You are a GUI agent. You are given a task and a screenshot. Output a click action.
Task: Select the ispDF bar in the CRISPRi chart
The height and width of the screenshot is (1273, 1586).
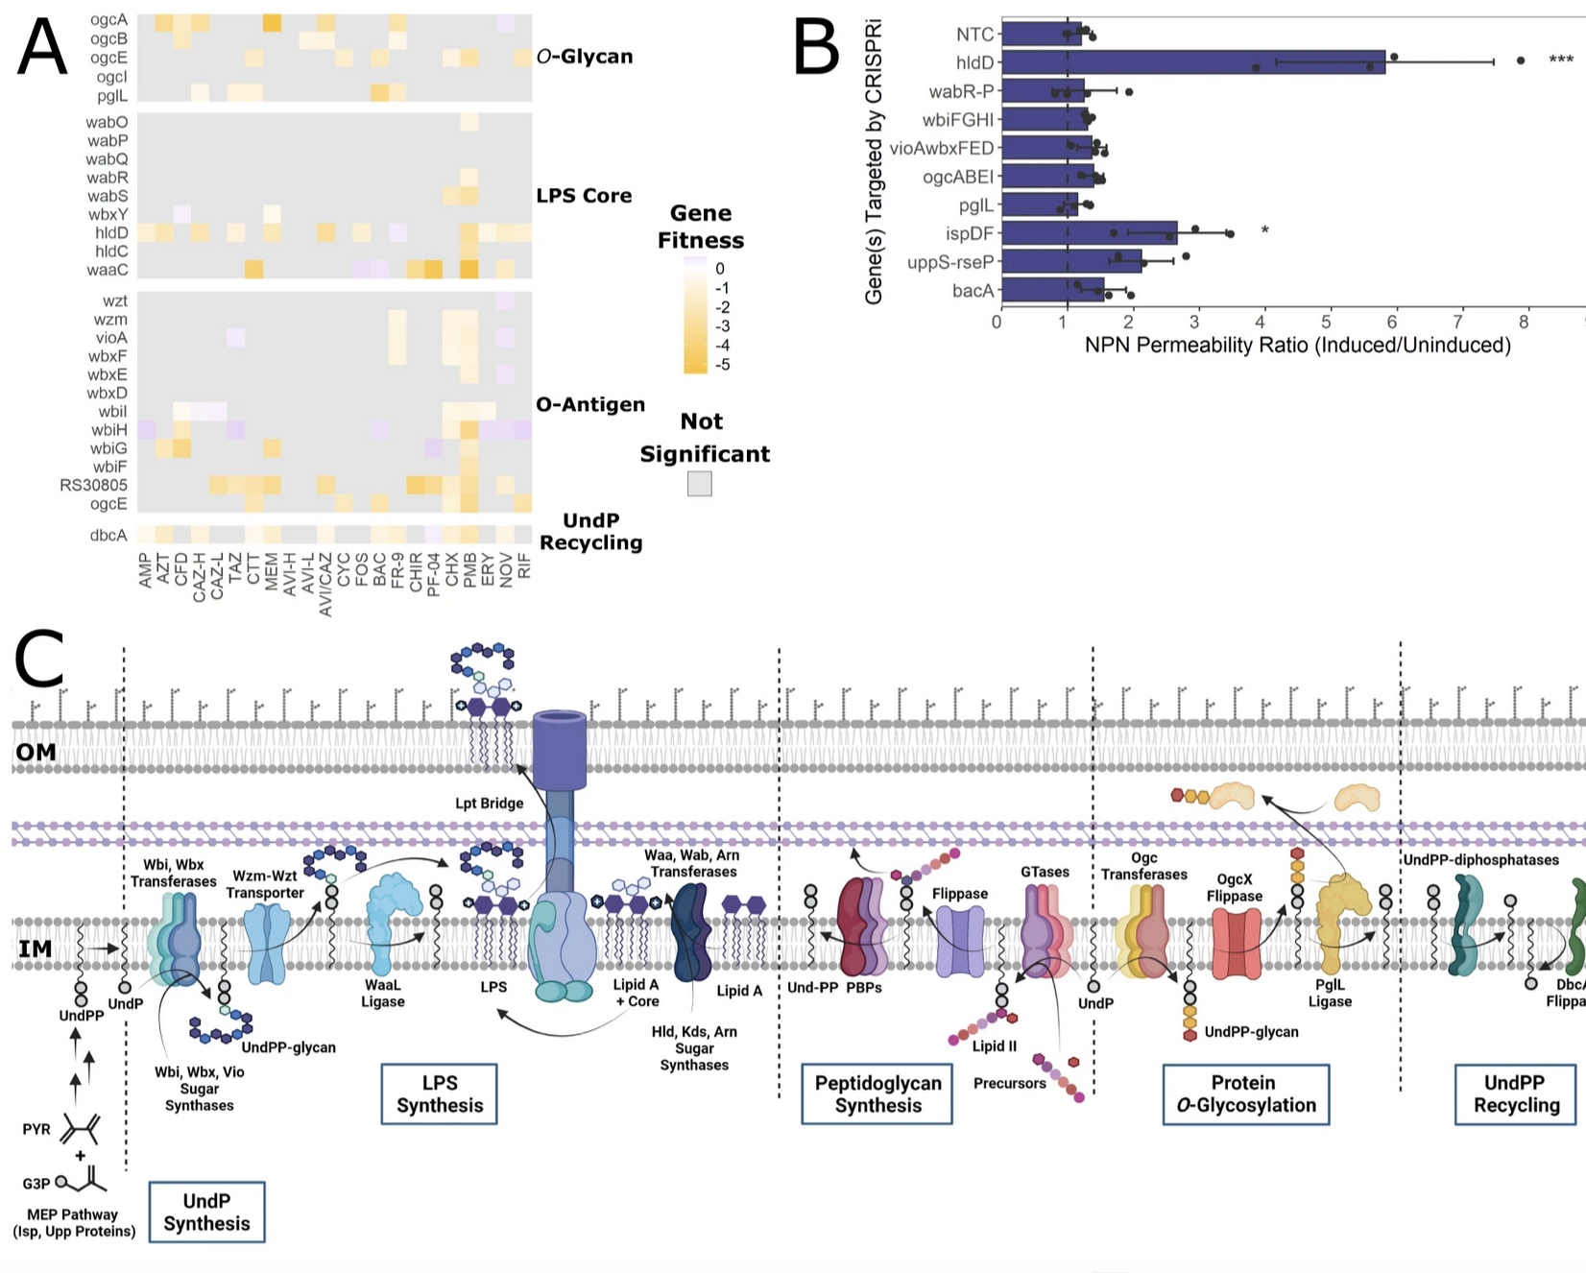(1089, 233)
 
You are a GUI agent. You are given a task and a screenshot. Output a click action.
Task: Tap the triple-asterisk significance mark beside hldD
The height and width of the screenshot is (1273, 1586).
(1561, 60)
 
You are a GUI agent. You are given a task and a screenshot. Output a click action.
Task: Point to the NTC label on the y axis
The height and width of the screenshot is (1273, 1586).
(974, 35)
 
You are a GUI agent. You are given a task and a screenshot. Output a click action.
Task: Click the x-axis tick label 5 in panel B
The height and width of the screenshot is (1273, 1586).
(1328, 322)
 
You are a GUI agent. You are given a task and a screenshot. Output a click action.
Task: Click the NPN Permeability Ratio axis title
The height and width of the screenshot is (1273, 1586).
(1297, 346)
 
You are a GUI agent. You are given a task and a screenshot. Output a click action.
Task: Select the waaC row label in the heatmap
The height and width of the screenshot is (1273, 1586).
(108, 270)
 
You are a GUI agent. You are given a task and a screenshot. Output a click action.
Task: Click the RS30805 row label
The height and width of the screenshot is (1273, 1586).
(93, 485)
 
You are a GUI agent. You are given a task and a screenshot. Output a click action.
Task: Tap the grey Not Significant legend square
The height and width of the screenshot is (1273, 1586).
(700, 484)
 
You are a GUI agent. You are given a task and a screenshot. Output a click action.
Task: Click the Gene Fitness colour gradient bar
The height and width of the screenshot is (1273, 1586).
(696, 316)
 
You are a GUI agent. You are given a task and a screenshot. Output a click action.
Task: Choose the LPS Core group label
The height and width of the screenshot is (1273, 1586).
(584, 196)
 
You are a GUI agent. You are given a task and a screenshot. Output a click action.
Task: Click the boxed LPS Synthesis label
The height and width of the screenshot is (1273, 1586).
(440, 1093)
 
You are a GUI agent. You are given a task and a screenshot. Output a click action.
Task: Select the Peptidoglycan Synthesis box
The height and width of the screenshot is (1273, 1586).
(877, 1093)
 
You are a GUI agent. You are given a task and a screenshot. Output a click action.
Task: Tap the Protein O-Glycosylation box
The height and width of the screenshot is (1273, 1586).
(1245, 1093)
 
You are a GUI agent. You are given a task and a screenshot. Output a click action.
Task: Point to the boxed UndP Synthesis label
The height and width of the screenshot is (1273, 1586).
(206, 1212)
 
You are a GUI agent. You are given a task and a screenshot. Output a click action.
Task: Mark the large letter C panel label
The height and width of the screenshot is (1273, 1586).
(40, 659)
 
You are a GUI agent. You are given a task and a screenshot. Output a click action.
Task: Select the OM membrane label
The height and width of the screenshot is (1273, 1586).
(36, 753)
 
